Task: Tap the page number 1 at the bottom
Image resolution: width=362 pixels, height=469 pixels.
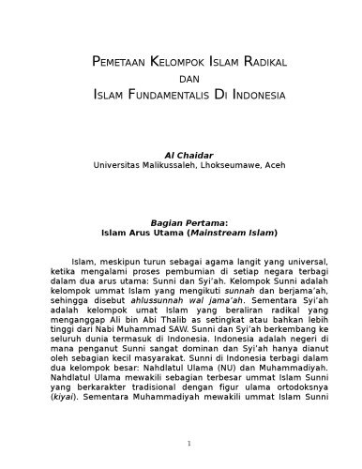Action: pos(189,443)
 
